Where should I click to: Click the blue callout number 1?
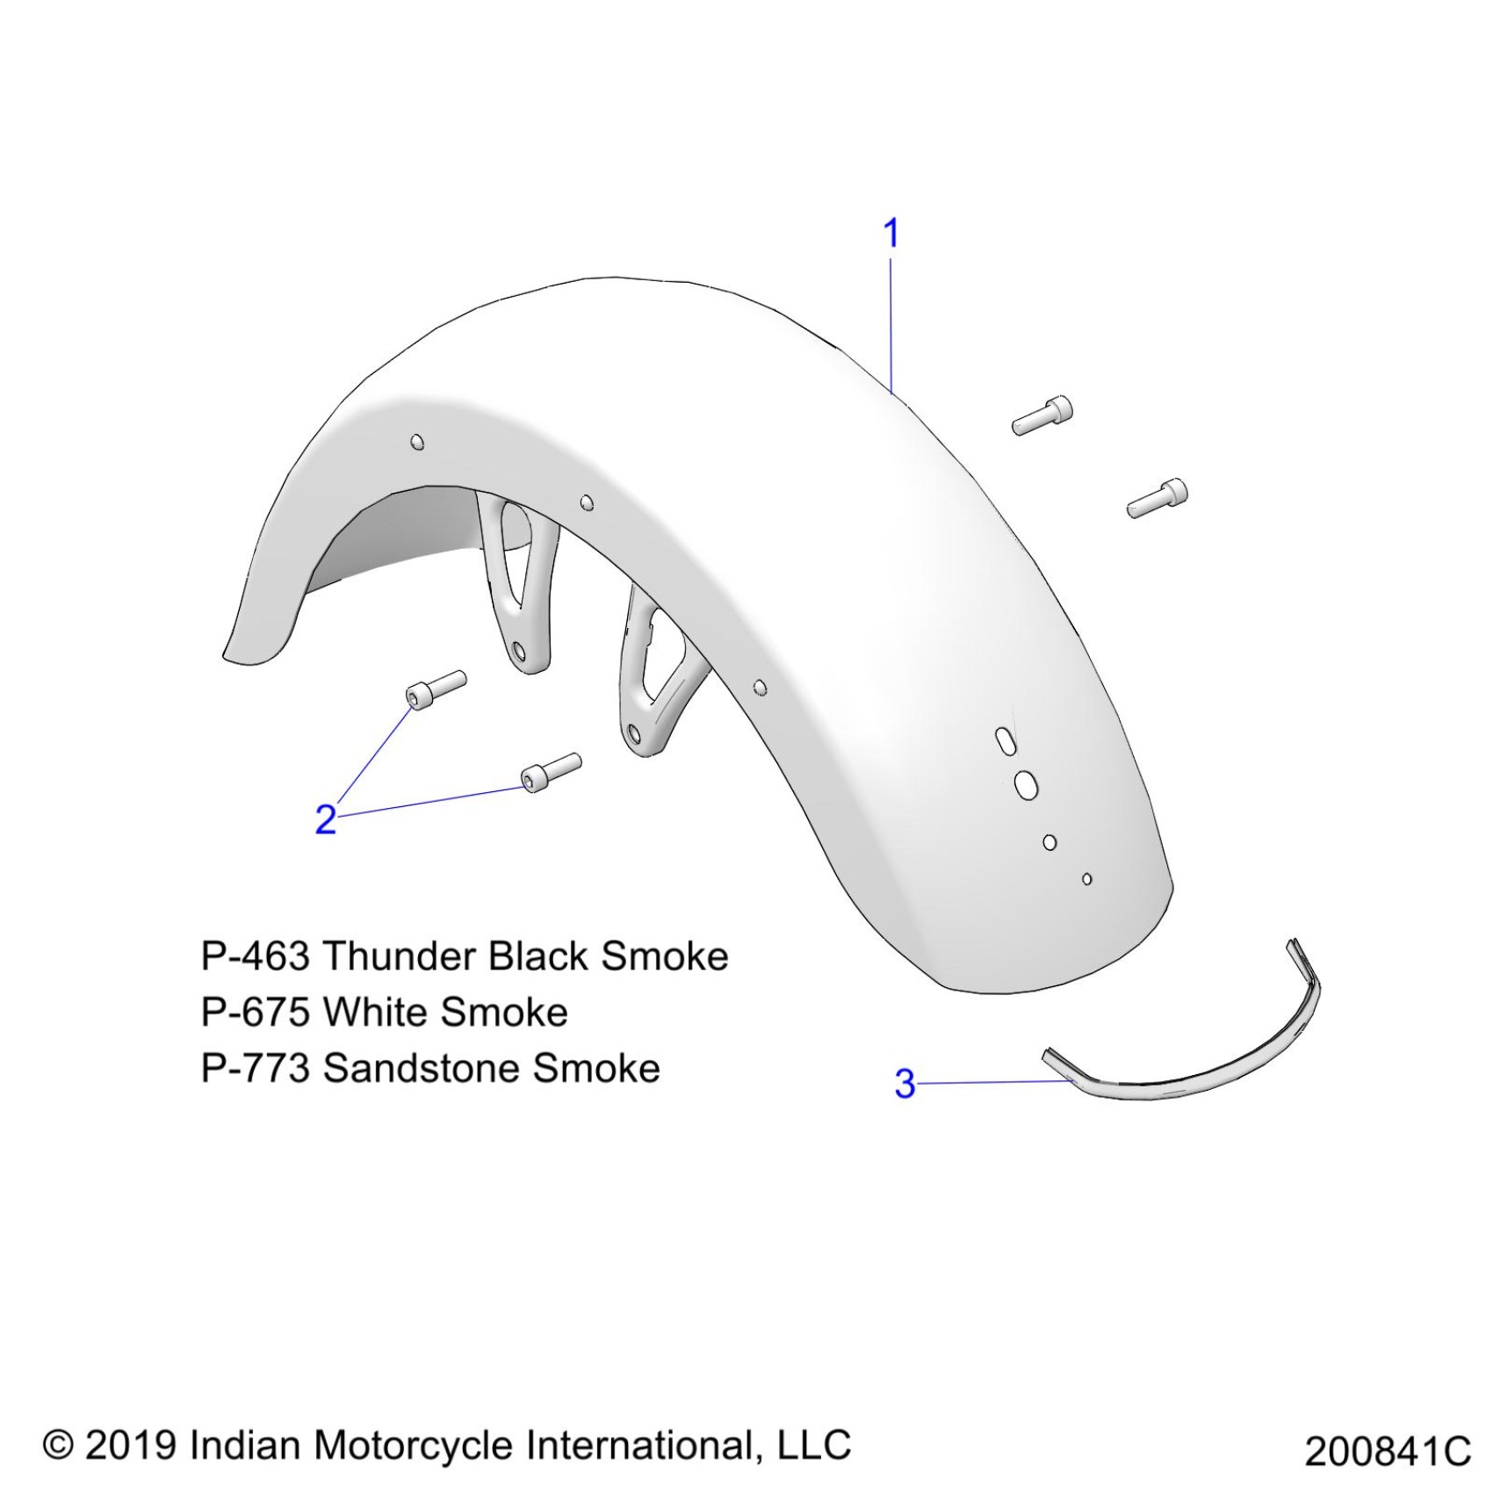click(891, 234)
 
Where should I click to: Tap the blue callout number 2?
click(326, 819)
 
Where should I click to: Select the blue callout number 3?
click(905, 1084)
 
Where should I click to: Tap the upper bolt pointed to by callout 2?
click(436, 688)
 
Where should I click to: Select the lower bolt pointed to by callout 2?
click(551, 771)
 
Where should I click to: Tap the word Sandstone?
click(422, 1068)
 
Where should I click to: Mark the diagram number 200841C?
click(1387, 1452)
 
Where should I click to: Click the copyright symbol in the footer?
click(58, 1445)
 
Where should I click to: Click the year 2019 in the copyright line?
click(131, 1445)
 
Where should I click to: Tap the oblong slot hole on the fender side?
click(1002, 739)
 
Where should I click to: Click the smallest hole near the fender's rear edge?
click(1087, 878)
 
